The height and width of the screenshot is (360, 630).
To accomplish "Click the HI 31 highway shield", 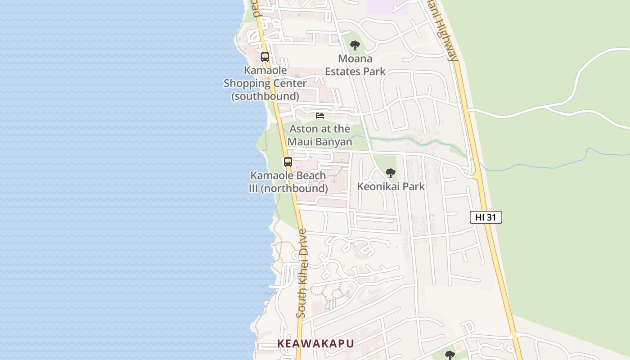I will [486, 217].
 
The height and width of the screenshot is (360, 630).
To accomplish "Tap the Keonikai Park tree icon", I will [390, 173].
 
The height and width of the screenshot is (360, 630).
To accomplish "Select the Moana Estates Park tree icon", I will [355, 45].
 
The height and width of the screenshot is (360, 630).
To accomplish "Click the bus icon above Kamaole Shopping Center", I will [265, 57].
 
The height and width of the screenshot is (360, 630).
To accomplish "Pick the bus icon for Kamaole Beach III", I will [288, 162].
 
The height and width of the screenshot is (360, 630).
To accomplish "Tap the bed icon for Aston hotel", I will [320, 116].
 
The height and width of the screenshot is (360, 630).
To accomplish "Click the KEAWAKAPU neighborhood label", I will [315, 343].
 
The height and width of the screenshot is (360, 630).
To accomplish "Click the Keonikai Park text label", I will [391, 186].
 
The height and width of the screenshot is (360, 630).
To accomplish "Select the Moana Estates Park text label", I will [355, 65].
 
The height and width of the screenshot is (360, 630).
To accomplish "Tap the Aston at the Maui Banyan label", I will [319, 135].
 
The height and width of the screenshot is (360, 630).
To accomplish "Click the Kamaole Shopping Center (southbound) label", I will [265, 83].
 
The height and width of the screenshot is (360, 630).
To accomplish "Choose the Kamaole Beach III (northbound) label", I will [288, 182].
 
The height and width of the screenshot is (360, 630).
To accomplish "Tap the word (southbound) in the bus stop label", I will [265, 96].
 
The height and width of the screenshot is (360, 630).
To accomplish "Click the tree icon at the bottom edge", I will [450, 355].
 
